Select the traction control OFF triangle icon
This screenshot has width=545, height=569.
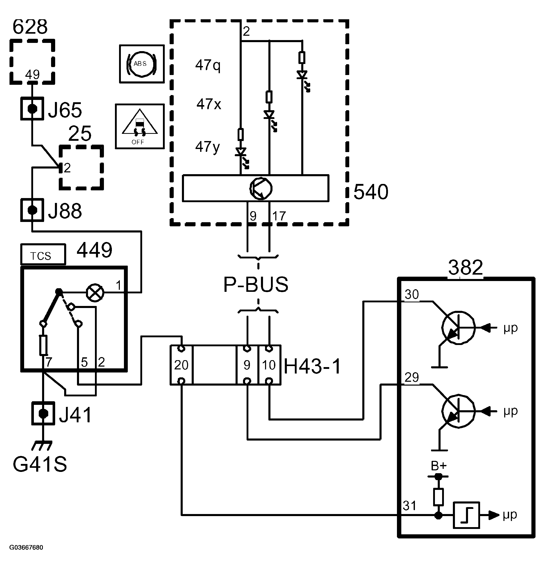pos(140,127)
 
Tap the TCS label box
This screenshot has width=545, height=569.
pos(43,254)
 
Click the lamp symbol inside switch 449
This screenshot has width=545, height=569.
pos(95,293)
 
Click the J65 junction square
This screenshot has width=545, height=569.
pos(32,109)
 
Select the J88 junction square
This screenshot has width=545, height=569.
pos(32,210)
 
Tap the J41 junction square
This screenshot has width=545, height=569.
pos(43,413)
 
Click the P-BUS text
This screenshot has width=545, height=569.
pos(256,285)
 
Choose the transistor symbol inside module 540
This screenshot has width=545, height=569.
pos(261,188)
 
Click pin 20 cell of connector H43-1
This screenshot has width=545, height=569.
pos(181,365)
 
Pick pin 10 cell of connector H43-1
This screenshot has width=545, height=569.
pos(269,365)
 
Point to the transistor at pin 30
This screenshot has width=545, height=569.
pos(458,328)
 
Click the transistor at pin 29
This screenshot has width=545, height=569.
pos(458,411)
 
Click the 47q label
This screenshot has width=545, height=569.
pos(208,65)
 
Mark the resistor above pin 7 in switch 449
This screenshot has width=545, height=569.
pos(43,345)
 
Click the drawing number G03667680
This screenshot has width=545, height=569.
pos(26,547)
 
